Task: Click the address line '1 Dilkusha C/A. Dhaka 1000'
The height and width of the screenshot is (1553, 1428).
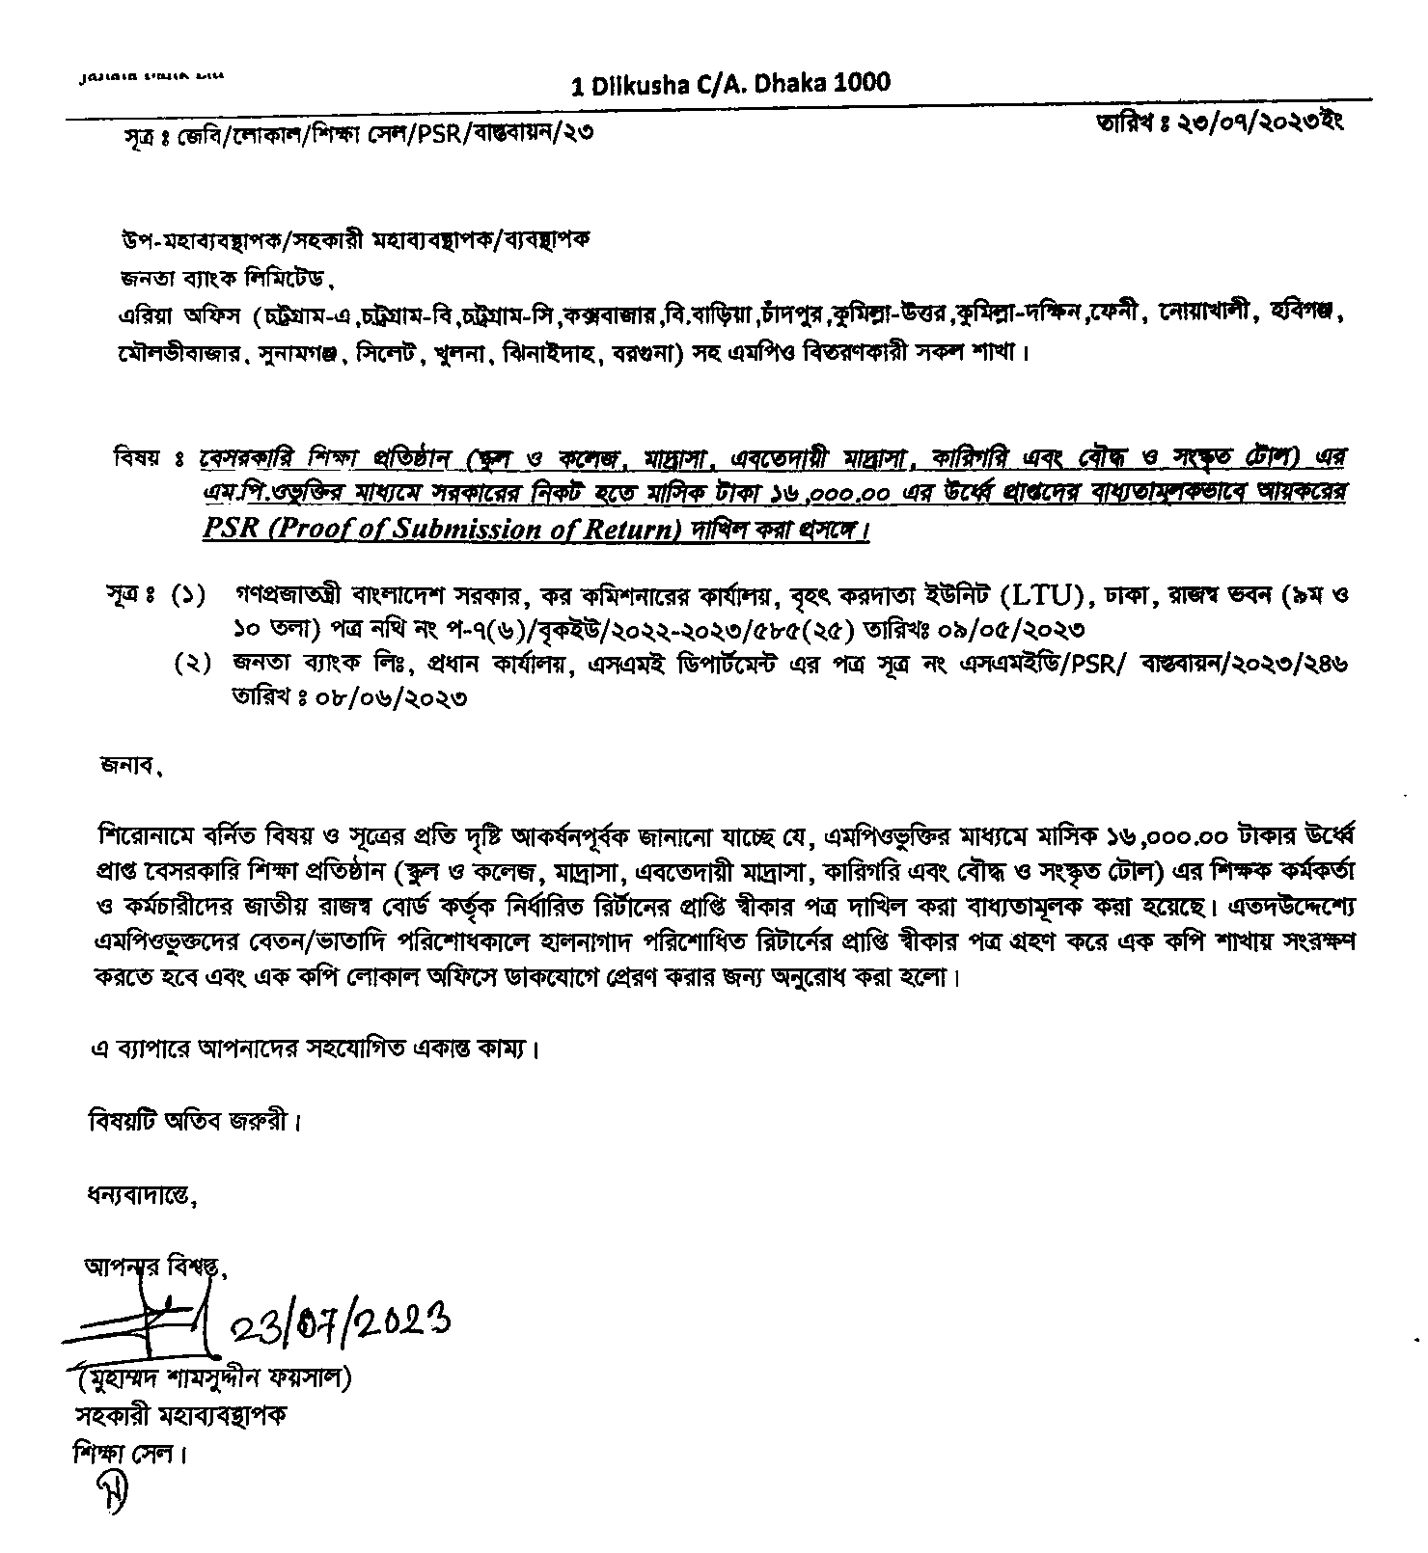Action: pos(730,84)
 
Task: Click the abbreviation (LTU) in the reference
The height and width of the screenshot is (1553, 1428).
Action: pos(1043,595)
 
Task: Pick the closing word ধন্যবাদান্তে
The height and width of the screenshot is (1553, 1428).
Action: pos(142,1198)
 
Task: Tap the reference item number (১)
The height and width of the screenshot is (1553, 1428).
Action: pos(189,596)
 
